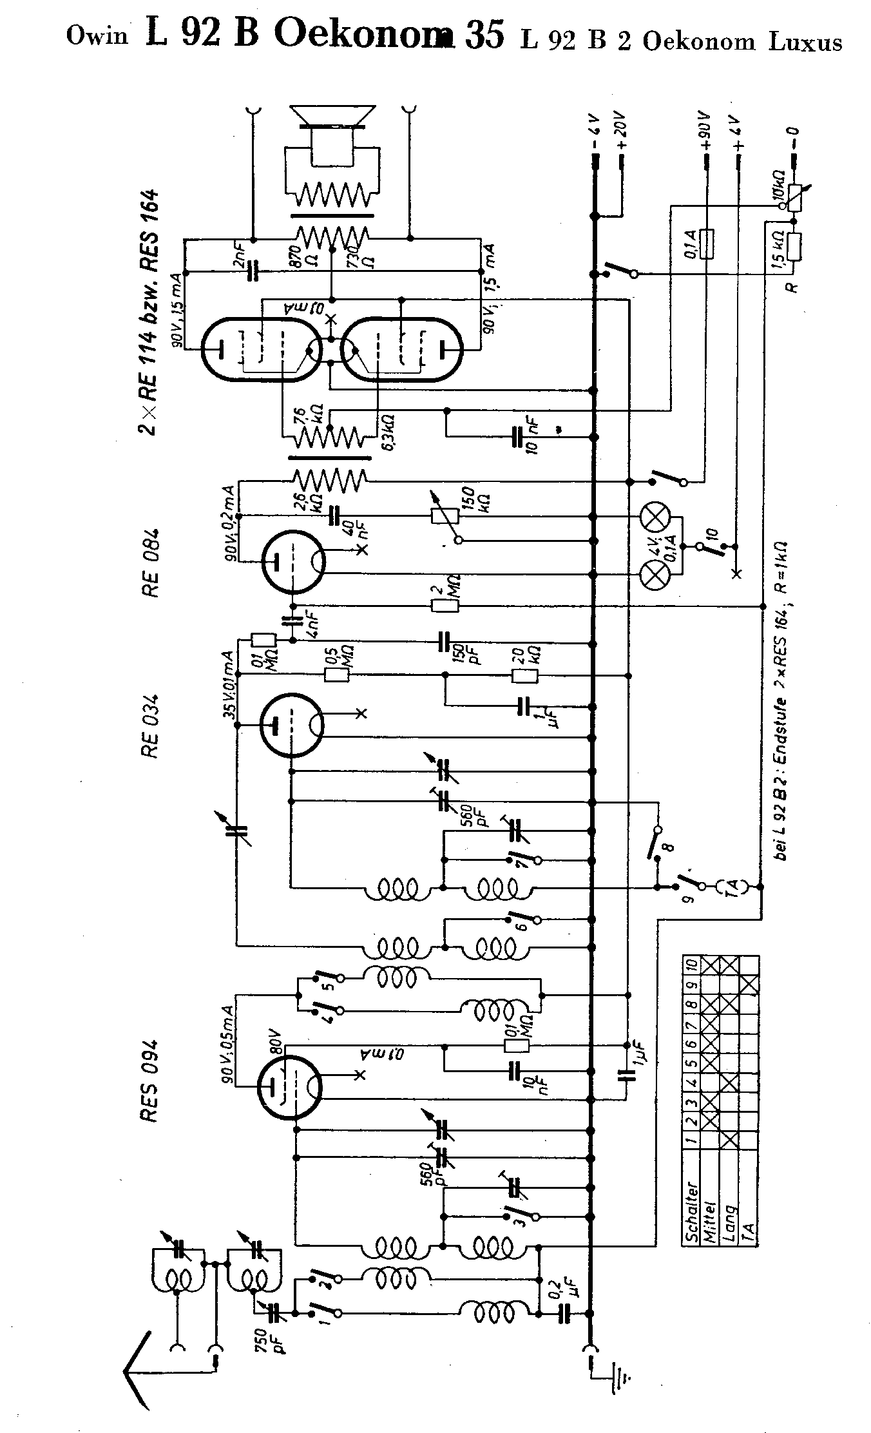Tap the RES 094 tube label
(149, 1073)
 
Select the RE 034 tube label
(149, 725)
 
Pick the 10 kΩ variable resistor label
(778, 184)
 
